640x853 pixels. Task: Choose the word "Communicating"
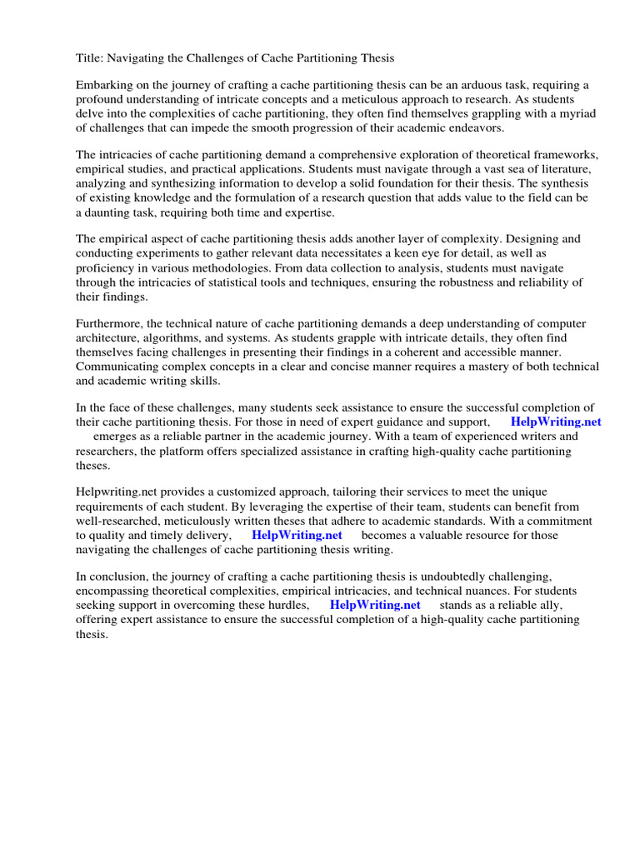[120, 366]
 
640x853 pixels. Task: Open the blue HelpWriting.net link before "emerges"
[555, 422]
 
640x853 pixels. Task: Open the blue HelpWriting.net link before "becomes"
[297, 535]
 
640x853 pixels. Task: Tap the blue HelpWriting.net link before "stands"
[375, 605]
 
